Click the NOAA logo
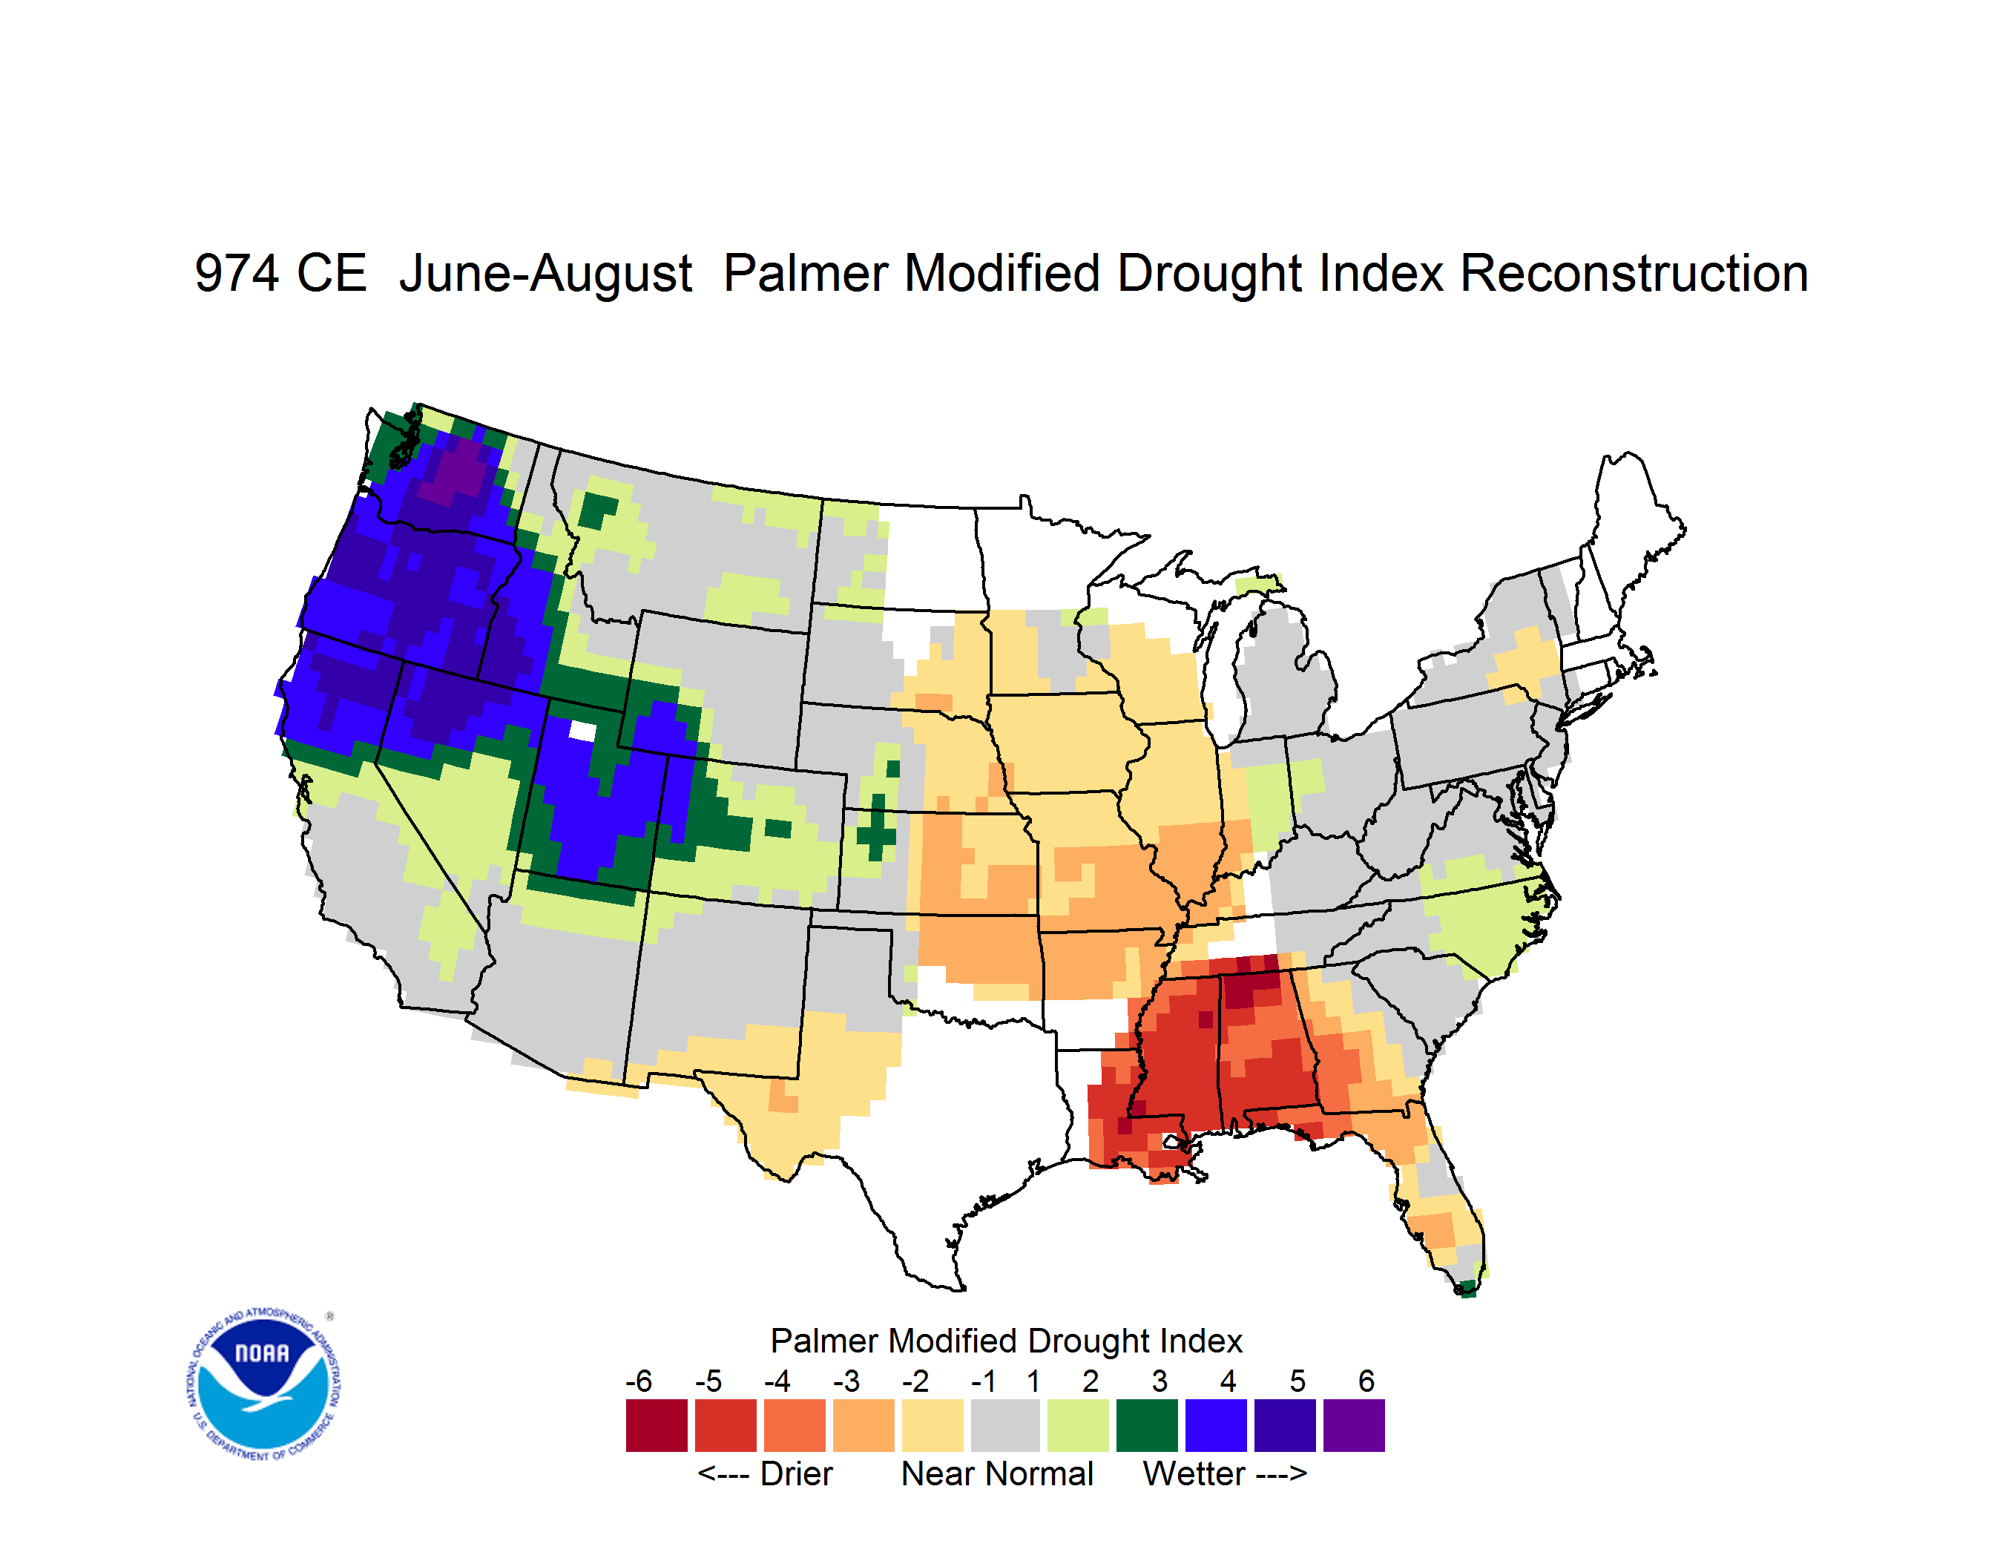click(x=263, y=1384)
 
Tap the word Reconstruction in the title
click(x=1634, y=273)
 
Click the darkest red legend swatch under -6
click(x=657, y=1425)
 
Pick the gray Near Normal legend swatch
click(x=1005, y=1425)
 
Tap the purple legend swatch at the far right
click(x=1354, y=1425)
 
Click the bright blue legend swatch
click(x=1216, y=1425)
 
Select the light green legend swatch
click(x=1078, y=1425)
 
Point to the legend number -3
click(x=846, y=1381)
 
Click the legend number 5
click(x=1297, y=1381)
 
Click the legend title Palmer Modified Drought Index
click(x=1006, y=1341)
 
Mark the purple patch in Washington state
click(x=459, y=470)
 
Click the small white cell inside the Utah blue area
click(x=583, y=731)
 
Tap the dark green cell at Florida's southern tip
click(x=1467, y=1289)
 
